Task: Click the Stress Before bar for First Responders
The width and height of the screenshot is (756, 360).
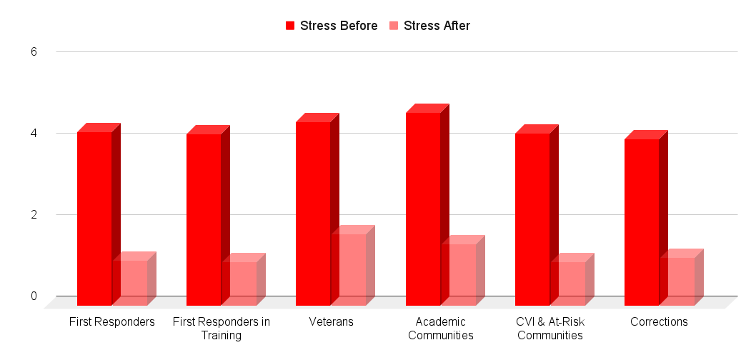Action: (x=94, y=218)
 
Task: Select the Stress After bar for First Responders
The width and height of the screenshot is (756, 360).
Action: (x=130, y=282)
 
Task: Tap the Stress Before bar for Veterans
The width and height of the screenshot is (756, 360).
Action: (x=313, y=213)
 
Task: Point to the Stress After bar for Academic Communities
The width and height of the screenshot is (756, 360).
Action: (x=459, y=274)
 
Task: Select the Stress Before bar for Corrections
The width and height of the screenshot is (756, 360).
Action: (x=642, y=221)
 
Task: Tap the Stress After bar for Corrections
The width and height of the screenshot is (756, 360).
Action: (x=677, y=281)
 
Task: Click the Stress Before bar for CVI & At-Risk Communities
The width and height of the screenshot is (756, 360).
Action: (x=532, y=219)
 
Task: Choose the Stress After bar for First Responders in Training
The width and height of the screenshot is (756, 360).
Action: (x=239, y=283)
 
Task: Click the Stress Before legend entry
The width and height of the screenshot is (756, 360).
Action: (x=332, y=26)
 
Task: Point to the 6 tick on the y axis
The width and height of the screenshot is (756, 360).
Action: (x=34, y=52)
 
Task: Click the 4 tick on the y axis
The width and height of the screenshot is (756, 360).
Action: (x=34, y=133)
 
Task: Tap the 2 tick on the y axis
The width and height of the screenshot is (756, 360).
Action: (x=34, y=214)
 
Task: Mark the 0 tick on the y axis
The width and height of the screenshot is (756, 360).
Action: (x=34, y=296)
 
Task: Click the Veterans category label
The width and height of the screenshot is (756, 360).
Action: (x=331, y=322)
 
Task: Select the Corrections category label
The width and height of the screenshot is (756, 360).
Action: (x=659, y=322)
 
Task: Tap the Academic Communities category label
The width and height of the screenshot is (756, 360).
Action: (x=441, y=329)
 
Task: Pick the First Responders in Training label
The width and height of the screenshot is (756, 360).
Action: (x=222, y=329)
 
